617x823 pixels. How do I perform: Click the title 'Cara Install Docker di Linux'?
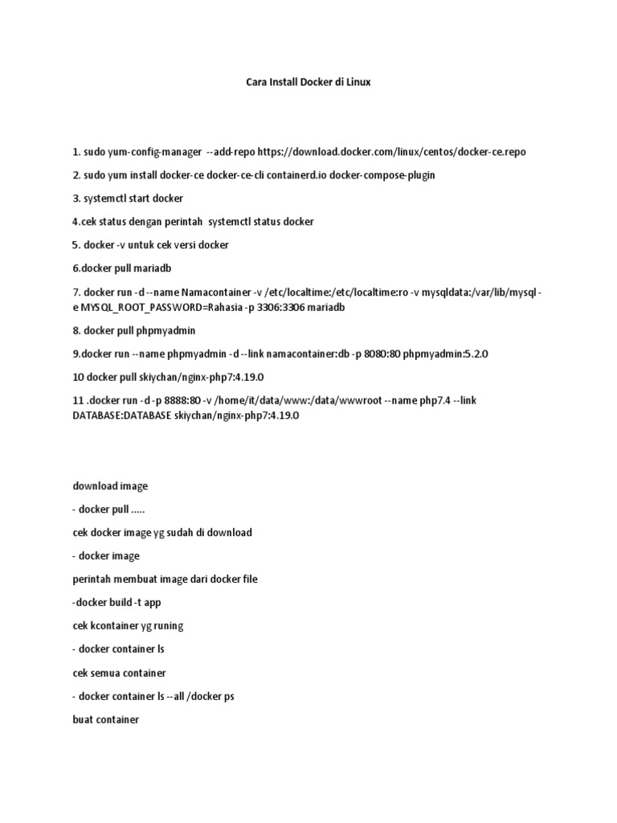tap(308, 82)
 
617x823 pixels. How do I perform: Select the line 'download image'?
tap(110, 486)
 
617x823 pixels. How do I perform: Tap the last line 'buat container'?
tap(105, 719)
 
